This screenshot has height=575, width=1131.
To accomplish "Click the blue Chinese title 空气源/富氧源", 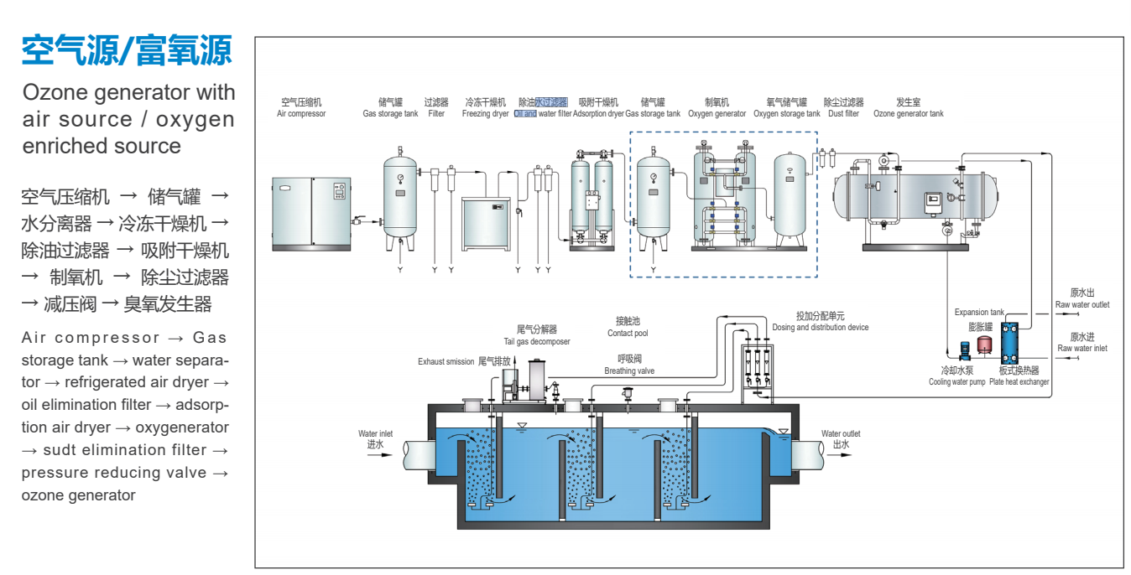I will (x=126, y=50).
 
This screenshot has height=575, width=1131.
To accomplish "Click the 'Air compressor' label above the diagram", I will (x=301, y=114).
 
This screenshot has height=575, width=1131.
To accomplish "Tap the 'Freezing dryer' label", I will (x=485, y=114).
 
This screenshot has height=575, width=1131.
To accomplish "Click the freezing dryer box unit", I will (x=486, y=221).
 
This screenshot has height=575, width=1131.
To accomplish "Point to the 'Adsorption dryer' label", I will (x=598, y=114).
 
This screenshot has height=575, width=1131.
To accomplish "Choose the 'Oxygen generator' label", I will (x=717, y=114).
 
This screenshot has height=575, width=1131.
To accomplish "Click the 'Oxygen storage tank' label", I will (x=786, y=114).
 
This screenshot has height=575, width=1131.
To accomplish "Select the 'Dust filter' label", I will (x=843, y=114).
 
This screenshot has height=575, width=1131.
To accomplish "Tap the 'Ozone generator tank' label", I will (x=908, y=114).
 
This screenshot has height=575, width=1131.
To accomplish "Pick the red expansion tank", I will (x=984, y=344).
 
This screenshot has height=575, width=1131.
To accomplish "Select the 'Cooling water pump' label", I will (x=956, y=382).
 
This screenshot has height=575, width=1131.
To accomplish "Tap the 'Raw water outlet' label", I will (x=1082, y=305).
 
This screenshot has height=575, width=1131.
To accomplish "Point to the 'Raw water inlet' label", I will (x=1082, y=348).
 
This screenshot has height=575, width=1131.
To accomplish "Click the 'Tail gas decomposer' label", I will (x=537, y=341).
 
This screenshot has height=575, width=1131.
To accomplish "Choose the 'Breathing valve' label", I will (x=629, y=370).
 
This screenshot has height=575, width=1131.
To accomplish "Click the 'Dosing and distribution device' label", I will (x=821, y=328).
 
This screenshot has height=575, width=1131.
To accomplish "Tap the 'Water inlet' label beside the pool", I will (x=375, y=434).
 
